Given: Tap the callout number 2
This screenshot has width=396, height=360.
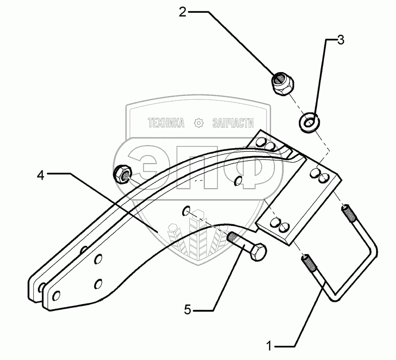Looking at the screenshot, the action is (x=182, y=11).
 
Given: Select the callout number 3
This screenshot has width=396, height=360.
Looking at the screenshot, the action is (x=340, y=40).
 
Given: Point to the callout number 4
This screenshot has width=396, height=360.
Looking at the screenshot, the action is (x=40, y=175).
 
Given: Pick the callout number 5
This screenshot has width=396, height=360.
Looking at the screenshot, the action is (x=187, y=310).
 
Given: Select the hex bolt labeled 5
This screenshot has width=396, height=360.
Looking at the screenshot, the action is (x=247, y=246).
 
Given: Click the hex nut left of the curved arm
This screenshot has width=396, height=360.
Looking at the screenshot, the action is (x=121, y=174).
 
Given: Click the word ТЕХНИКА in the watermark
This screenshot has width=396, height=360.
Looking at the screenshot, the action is (x=166, y=124).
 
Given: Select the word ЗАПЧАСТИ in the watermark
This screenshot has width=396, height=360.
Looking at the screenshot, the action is (x=233, y=124).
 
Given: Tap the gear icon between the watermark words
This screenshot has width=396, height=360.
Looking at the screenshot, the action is (x=199, y=124).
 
